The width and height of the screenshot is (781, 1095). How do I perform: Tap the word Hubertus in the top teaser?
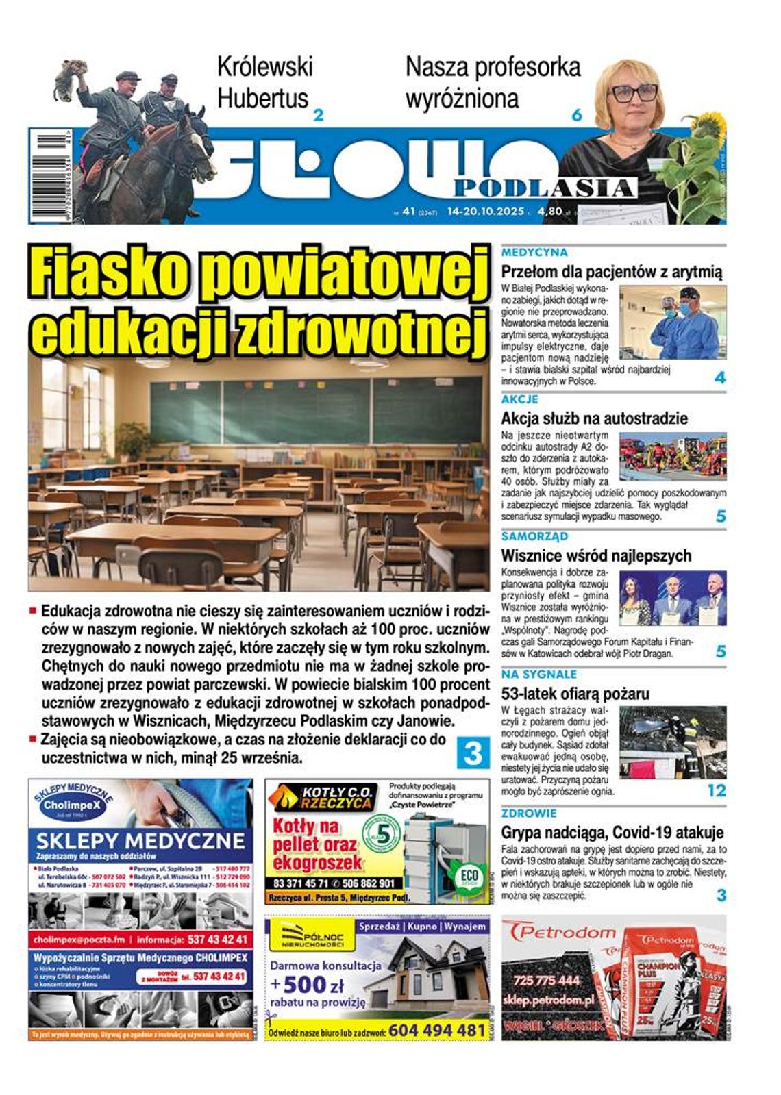pyautogui.click(x=262, y=98)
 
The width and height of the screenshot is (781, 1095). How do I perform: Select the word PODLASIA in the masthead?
pyautogui.click(x=545, y=188)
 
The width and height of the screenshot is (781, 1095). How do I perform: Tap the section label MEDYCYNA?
pyautogui.click(x=534, y=253)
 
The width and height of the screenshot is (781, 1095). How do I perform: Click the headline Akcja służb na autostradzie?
pyautogui.click(x=594, y=418)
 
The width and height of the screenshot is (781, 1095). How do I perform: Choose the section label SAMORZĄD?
pyautogui.click(x=534, y=536)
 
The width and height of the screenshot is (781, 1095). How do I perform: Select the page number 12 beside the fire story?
pyautogui.click(x=716, y=791)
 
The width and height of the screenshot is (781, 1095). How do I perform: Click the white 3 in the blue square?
pyautogui.click(x=473, y=753)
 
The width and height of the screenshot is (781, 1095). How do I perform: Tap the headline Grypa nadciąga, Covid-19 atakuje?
pyautogui.click(x=612, y=833)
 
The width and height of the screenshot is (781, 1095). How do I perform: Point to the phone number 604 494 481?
pyautogui.click(x=436, y=1030)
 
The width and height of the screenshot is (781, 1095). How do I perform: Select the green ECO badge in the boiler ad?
pyautogui.click(x=469, y=879)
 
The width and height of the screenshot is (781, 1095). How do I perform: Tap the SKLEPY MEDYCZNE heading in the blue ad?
pyautogui.click(x=140, y=841)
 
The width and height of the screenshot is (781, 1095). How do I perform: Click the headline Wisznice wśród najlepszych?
pyautogui.click(x=596, y=555)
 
